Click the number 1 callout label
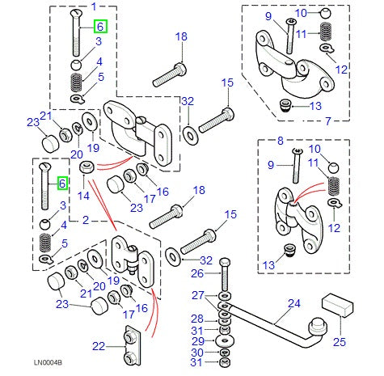coord(93,7)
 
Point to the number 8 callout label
coord(280,141)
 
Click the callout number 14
coord(83,196)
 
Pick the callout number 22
coord(99,346)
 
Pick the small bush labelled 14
coord(89,167)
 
